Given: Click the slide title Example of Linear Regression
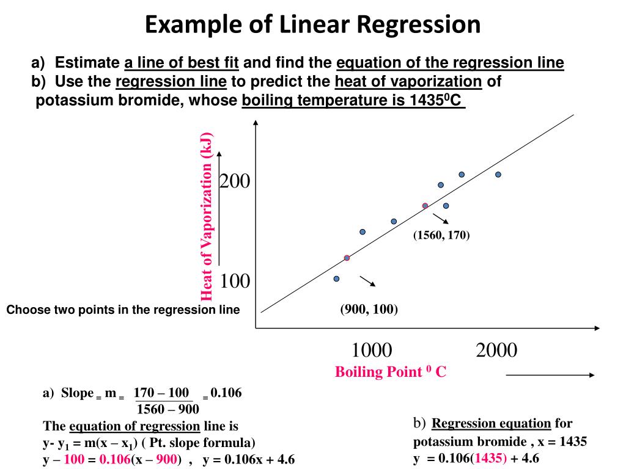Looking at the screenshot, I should pos(312,24).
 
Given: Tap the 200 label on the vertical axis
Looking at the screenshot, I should pos(235,181).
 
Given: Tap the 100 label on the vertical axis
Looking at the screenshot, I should pos(235,282).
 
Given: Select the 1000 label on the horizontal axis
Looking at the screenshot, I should pos(372,351).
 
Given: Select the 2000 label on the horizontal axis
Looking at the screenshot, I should pos(496,351).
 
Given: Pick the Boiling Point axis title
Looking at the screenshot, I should pos(390,372).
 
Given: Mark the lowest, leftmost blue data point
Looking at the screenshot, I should pos(336,278).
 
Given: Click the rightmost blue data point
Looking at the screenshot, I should pos(498,174).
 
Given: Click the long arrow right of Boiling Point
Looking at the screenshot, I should pos(550,376).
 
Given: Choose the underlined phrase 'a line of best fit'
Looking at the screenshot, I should pos(182,63).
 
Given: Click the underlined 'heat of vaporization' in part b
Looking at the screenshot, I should pos(408,82).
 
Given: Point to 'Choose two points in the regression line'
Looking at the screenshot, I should pos(123,310).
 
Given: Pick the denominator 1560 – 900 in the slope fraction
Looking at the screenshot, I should pos(168,409).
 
